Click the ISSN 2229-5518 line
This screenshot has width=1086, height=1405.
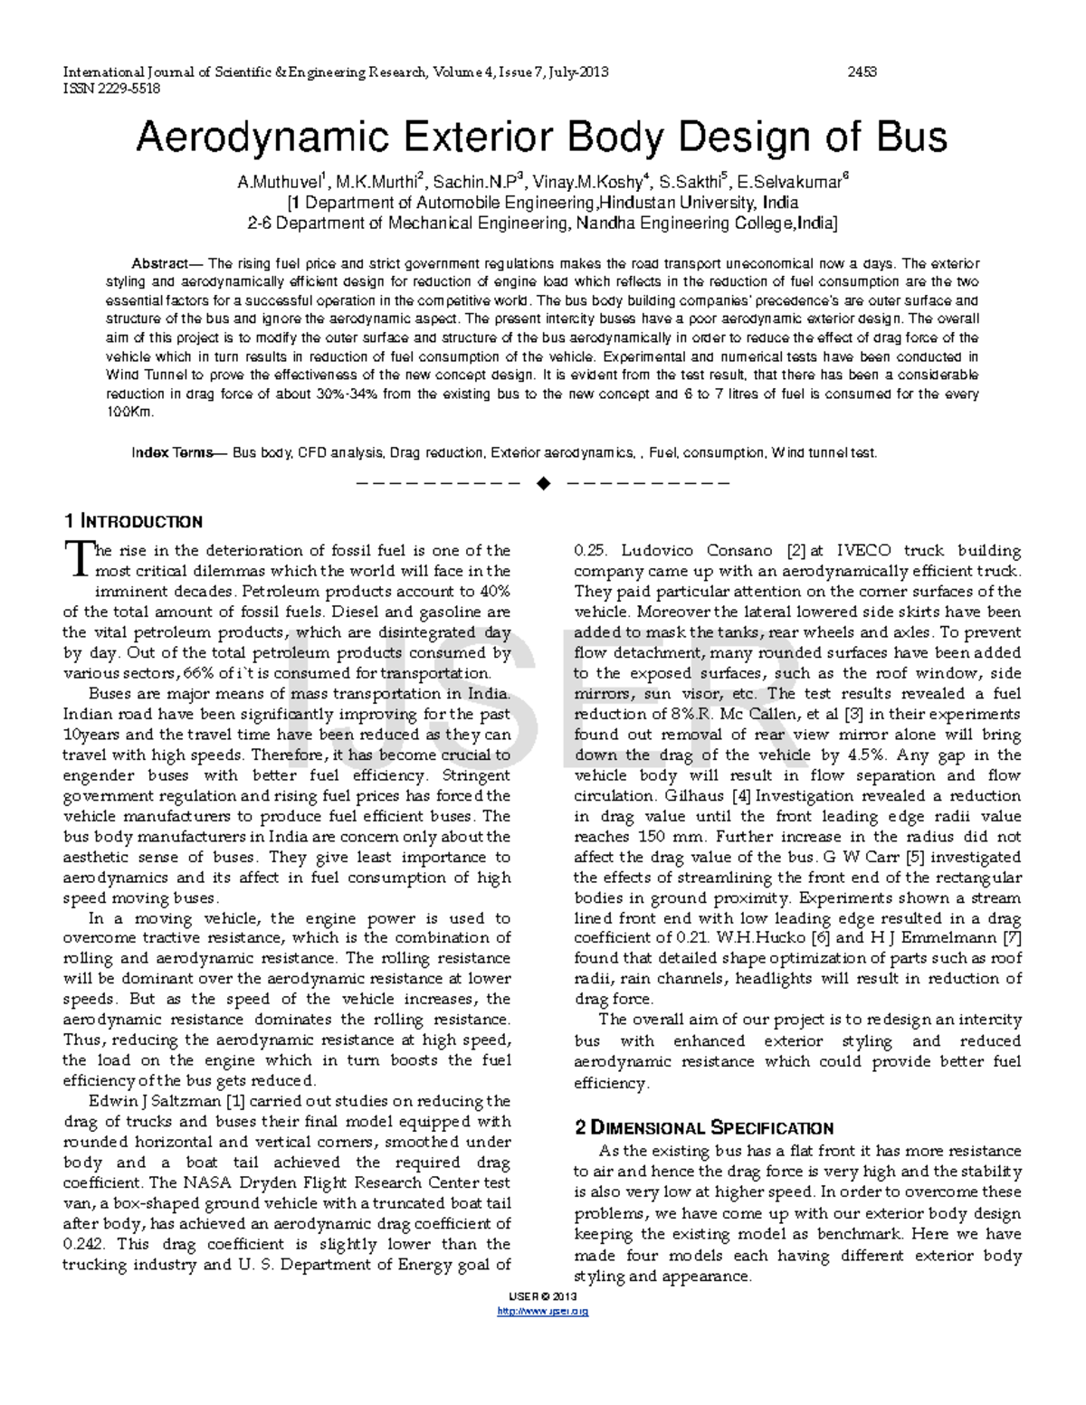pos(110,88)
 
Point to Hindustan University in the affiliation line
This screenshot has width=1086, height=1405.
pos(678,203)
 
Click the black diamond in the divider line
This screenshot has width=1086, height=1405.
pos(543,483)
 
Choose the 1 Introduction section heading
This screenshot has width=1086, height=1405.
pos(133,522)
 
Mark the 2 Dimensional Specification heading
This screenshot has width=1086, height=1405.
pos(703,1128)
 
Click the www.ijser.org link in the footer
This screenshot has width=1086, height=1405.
pos(543,1311)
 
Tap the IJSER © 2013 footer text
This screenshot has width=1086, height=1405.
pos(543,1296)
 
